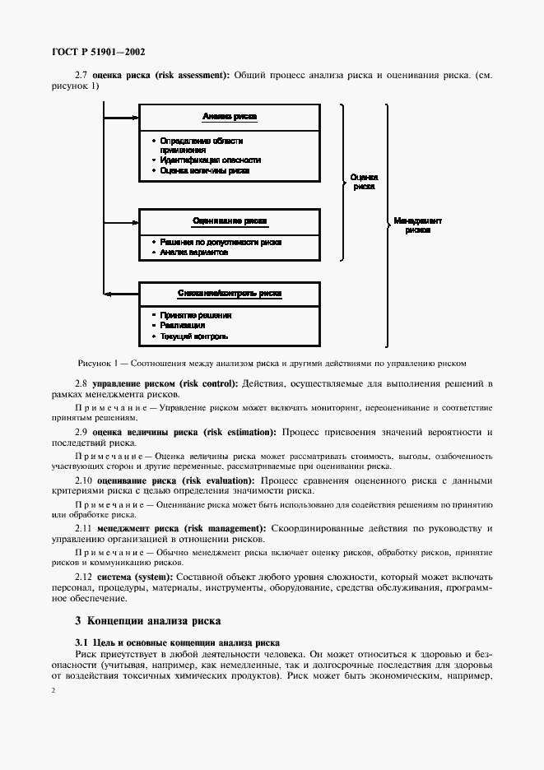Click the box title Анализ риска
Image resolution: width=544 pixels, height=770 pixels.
[x=229, y=117]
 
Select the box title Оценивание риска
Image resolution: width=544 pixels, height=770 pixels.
[x=229, y=221]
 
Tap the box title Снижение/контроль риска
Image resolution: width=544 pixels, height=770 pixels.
[x=229, y=294]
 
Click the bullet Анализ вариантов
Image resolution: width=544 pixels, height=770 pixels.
[x=194, y=253]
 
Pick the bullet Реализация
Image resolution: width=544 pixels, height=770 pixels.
[x=184, y=326]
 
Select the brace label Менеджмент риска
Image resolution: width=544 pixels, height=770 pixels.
[x=417, y=225]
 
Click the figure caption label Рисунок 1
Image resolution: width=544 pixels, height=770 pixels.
[x=101, y=362]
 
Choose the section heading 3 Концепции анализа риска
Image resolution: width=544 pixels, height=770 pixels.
[x=148, y=620]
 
